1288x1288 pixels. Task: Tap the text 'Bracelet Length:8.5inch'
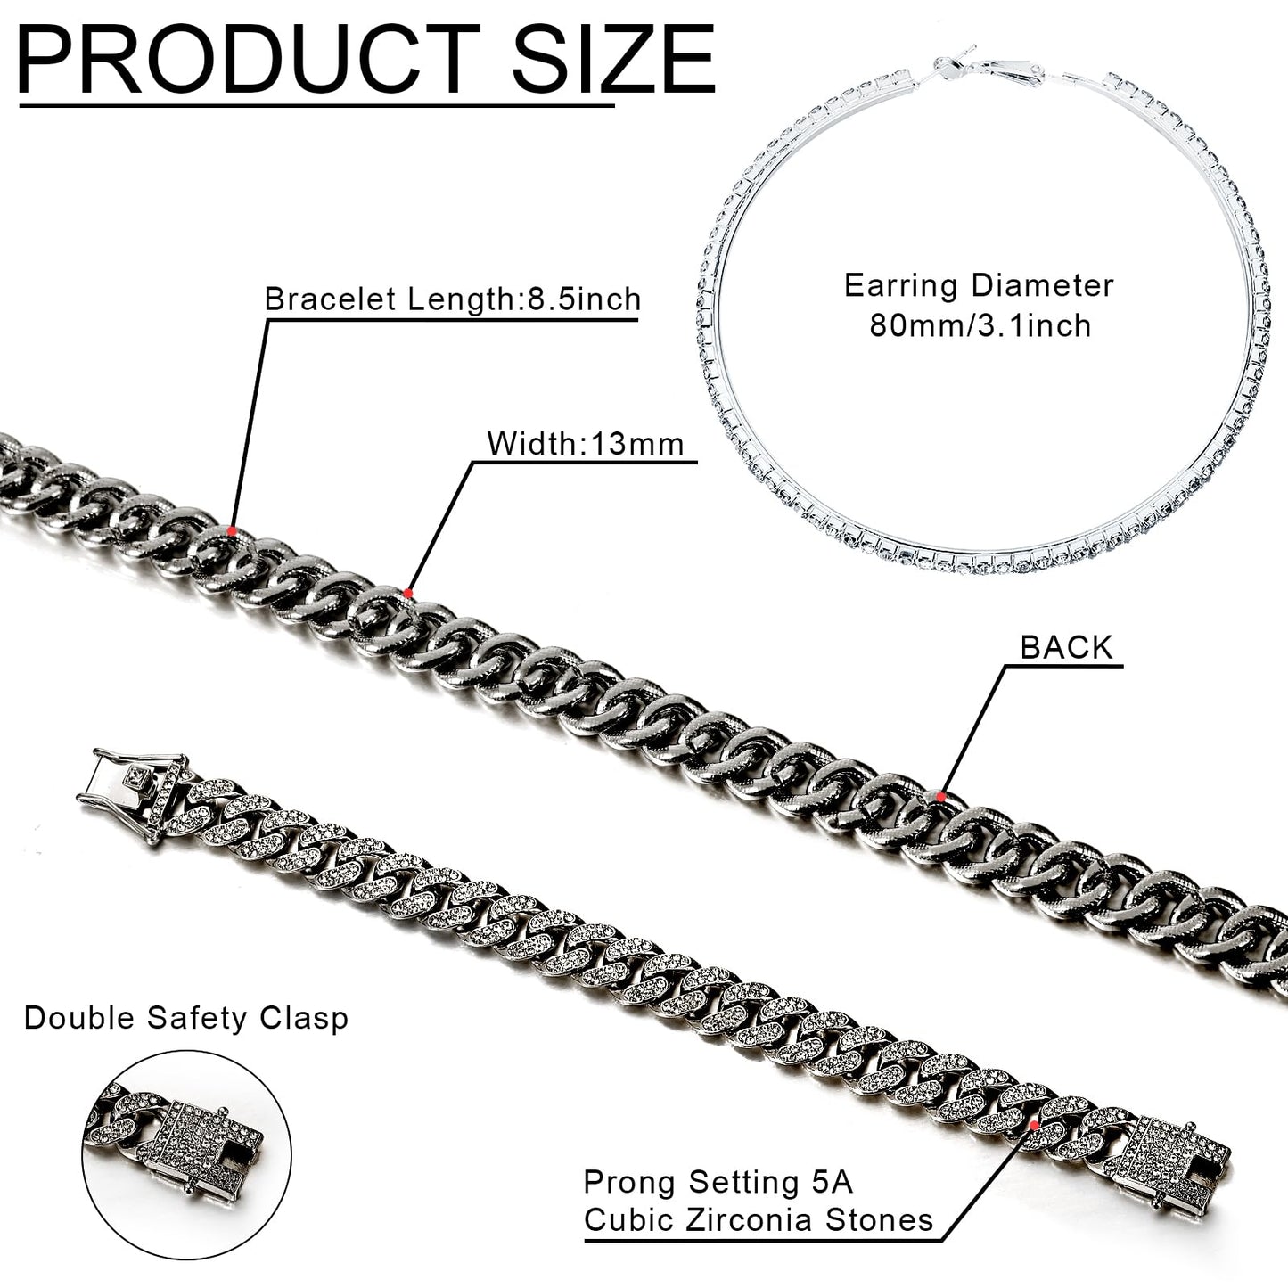pyautogui.click(x=453, y=299)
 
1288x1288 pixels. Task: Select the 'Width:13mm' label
pyautogui.click(x=586, y=444)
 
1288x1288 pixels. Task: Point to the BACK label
pyautogui.click(x=1067, y=647)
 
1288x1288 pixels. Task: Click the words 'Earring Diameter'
pyautogui.click(x=979, y=285)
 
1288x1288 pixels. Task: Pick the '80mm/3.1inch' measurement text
pyautogui.click(x=980, y=325)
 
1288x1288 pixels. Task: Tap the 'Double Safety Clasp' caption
pyautogui.click(x=185, y=1019)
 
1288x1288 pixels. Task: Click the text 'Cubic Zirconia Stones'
pyautogui.click(x=758, y=1220)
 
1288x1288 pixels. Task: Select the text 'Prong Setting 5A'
pyautogui.click(x=718, y=1183)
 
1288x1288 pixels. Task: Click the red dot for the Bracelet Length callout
pyautogui.click(x=231, y=530)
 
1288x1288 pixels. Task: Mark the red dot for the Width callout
pyautogui.click(x=407, y=593)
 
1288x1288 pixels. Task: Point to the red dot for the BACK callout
pyautogui.click(x=940, y=796)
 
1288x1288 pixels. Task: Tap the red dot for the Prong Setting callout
pyautogui.click(x=1034, y=1126)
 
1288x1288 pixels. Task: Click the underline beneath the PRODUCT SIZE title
pyautogui.click(x=316, y=105)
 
